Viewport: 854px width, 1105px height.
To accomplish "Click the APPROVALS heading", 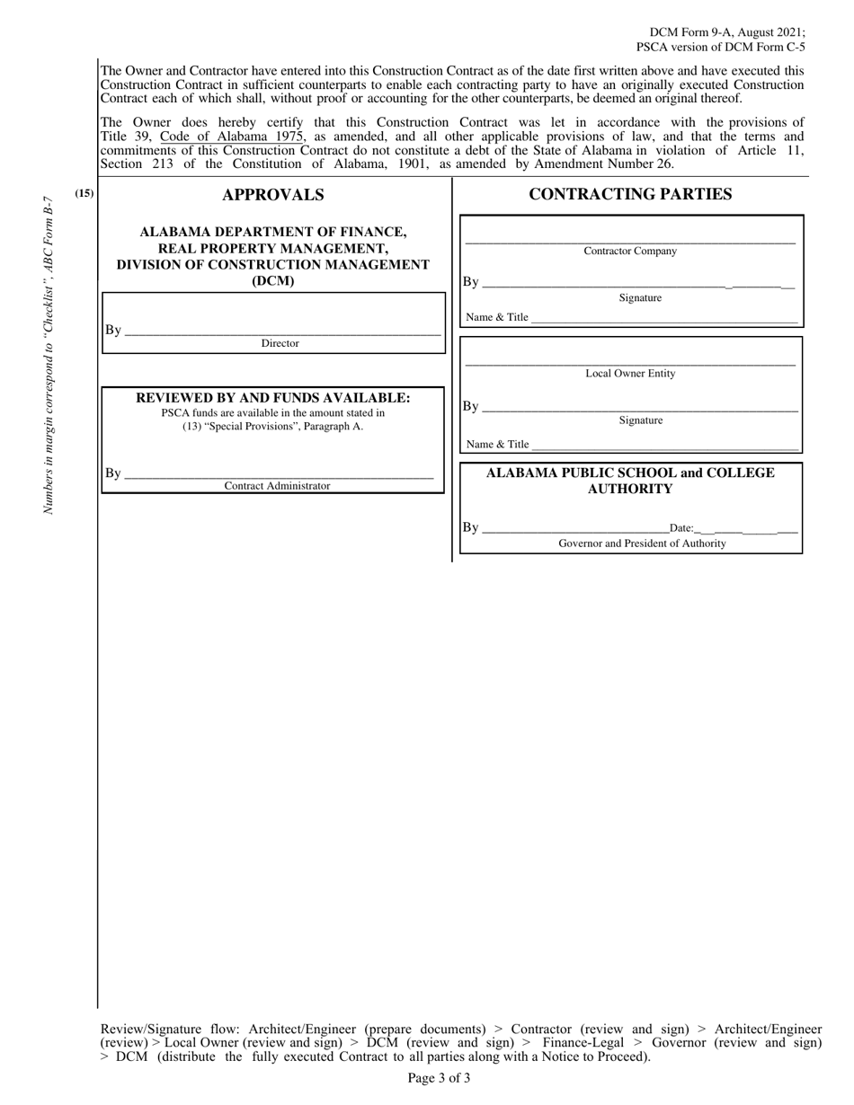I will [x=272, y=195].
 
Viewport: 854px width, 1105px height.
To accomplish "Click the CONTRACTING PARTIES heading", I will [x=630, y=194].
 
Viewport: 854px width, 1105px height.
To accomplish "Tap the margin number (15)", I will [x=85, y=193].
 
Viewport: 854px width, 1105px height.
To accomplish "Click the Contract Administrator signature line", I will [x=279, y=474].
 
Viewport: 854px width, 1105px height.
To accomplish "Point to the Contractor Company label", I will [x=630, y=252].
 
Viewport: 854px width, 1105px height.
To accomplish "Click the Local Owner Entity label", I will [x=630, y=374].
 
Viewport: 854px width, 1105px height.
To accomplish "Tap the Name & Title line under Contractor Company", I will [x=663, y=318].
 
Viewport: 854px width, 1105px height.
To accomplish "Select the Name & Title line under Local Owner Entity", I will [x=663, y=445].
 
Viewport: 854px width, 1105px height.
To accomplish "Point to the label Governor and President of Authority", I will [x=642, y=544].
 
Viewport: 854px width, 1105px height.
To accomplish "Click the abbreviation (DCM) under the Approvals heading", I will [x=272, y=280].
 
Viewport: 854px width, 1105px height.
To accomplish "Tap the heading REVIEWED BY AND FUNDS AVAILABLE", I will [x=272, y=397].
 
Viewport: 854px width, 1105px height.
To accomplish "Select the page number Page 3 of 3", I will [x=439, y=1078].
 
